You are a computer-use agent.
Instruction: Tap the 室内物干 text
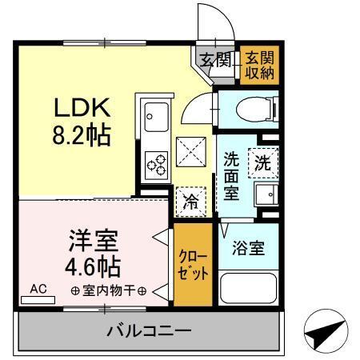[x=106, y=290]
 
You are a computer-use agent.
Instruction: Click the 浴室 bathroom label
[x=245, y=248]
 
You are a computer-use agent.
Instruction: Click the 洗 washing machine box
[x=262, y=162]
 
